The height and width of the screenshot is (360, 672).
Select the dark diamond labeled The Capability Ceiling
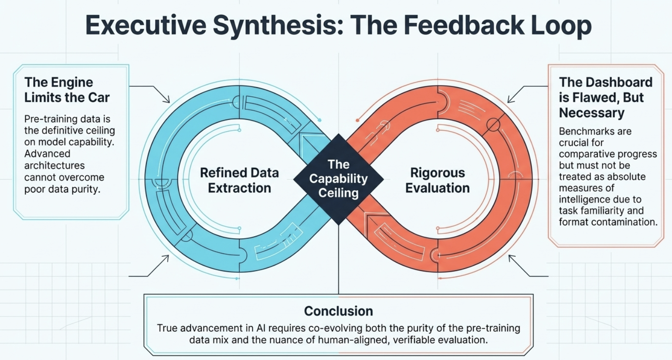[338, 179]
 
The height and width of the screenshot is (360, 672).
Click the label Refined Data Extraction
[239, 180]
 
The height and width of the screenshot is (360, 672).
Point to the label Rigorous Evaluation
[438, 180]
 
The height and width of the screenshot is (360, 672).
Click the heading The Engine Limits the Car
[67, 90]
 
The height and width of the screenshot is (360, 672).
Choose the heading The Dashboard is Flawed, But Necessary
[605, 97]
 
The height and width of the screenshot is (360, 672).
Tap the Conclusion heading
[338, 311]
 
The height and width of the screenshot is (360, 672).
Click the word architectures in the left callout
[54, 166]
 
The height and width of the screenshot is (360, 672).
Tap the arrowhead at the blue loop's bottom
[166, 258]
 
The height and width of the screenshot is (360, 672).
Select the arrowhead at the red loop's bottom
[511, 258]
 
